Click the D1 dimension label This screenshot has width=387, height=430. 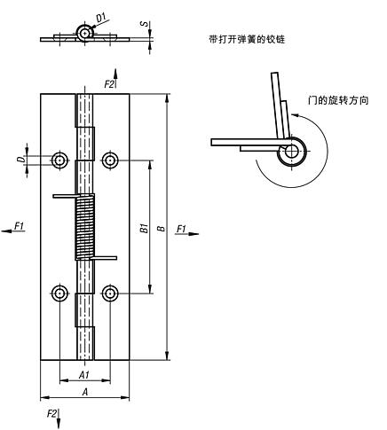click(101, 17)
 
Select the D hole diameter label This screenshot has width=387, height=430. click(19, 159)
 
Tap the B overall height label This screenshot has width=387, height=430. click(160, 227)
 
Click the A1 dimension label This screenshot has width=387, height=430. click(84, 375)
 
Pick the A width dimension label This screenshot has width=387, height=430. click(84, 391)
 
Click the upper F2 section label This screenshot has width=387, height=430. click(109, 83)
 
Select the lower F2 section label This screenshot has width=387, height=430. click(53, 414)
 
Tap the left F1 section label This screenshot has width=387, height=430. click(19, 229)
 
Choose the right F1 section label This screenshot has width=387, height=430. click(181, 229)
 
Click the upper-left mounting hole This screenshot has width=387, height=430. click(59, 160)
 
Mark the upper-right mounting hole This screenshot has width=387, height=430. click(110, 160)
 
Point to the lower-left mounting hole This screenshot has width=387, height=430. click(59, 293)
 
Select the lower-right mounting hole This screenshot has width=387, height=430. click(110, 293)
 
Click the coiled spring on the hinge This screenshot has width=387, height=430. click(84, 227)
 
